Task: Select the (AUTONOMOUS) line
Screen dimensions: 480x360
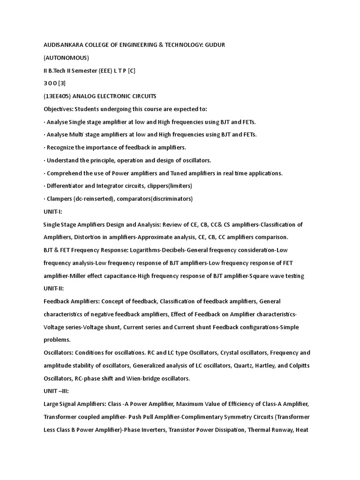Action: tap(66, 58)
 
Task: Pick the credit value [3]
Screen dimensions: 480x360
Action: tap(62, 83)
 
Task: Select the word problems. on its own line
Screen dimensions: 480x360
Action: tap(57, 340)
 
